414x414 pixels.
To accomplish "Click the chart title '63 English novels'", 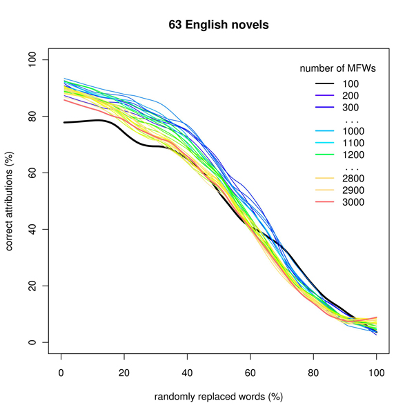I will [218, 25].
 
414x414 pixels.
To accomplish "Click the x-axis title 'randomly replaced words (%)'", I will [218, 397].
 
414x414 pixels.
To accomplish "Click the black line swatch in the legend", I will [324, 84].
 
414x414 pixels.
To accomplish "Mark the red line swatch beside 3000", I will [324, 201].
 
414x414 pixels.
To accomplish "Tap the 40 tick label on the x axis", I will [187, 369].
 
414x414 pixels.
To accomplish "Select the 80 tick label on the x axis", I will [313, 369].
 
